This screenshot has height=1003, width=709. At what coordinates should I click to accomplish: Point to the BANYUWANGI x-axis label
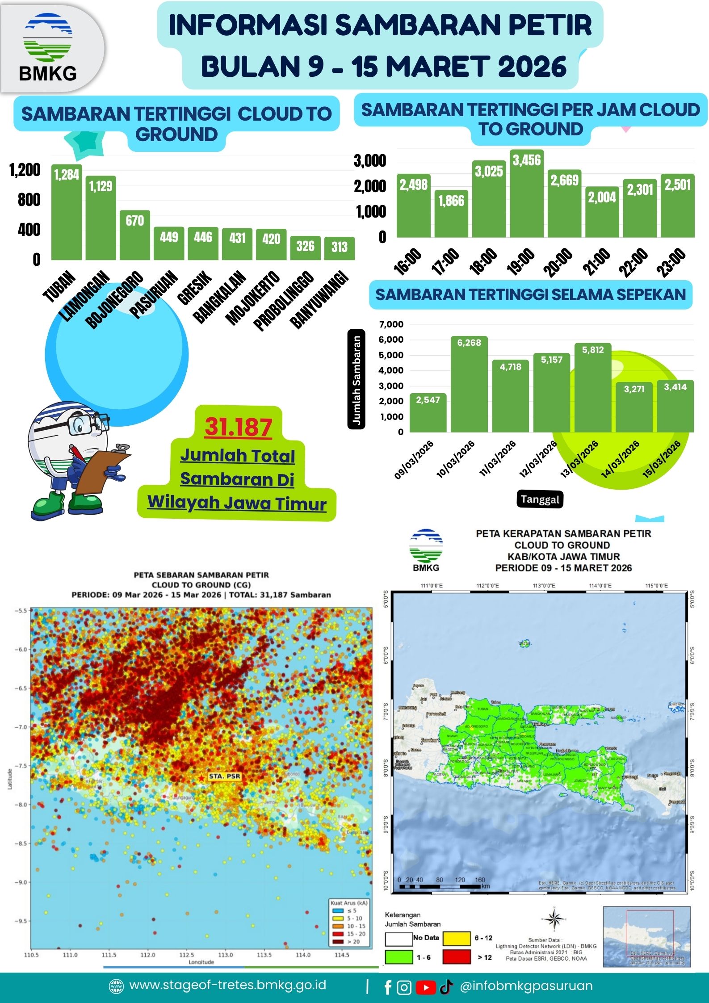(319, 300)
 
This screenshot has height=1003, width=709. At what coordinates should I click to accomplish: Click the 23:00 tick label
(671, 262)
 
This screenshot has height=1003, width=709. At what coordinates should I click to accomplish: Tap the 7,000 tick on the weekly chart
(391, 324)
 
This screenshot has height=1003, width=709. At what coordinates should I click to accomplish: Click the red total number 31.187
(239, 427)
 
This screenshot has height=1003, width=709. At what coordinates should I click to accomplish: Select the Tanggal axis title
(540, 499)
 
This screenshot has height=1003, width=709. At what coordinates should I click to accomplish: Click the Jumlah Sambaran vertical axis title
(357, 380)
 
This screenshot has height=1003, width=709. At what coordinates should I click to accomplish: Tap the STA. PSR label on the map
(224, 776)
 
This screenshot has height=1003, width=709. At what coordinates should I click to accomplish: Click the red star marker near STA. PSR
(201, 778)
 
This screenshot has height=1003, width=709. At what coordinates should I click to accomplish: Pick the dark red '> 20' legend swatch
(337, 941)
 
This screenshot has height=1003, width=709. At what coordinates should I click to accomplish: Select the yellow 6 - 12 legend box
(456, 938)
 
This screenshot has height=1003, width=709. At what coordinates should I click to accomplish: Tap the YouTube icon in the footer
(426, 987)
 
